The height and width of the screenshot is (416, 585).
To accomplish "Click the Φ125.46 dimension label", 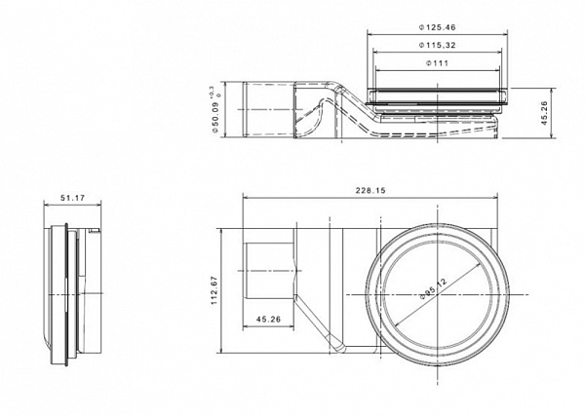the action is pyautogui.click(x=437, y=27).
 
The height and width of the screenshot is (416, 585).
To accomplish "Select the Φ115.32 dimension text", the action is pyautogui.click(x=437, y=45).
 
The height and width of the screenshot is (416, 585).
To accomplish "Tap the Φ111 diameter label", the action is pyautogui.click(x=437, y=63).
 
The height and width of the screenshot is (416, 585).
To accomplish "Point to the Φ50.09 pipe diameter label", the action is pyautogui.click(x=214, y=117).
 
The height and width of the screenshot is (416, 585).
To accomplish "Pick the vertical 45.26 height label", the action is pyautogui.click(x=543, y=113).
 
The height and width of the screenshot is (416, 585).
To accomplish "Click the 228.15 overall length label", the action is pyautogui.click(x=370, y=191).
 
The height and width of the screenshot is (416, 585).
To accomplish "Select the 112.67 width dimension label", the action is pyautogui.click(x=214, y=290).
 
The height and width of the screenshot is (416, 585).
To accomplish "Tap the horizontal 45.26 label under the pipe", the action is pyautogui.click(x=269, y=320).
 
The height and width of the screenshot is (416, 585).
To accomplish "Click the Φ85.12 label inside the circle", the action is pyautogui.click(x=433, y=288).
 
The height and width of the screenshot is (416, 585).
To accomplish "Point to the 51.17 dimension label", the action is pyautogui.click(x=73, y=198).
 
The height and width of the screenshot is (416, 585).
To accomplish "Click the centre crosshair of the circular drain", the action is pyautogui.click(x=437, y=295).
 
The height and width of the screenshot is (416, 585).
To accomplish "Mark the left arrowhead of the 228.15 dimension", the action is pyautogui.click(x=246, y=198).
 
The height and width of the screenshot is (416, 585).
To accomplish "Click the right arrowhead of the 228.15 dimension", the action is pyautogui.click(x=494, y=198).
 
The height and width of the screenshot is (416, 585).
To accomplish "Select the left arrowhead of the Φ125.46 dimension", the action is pyautogui.click(x=370, y=35).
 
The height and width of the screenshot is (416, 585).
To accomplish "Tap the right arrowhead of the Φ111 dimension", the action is pyautogui.click(x=496, y=70).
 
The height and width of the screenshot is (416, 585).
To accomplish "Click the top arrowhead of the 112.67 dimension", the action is pyautogui.click(x=221, y=232).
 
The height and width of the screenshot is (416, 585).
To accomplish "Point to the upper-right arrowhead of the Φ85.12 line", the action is pyautogui.click(x=477, y=266).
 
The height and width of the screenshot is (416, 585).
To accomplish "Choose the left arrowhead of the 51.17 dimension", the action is pyautogui.click(x=47, y=205).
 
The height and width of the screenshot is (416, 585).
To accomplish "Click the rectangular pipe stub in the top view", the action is pyautogui.click(x=269, y=271).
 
